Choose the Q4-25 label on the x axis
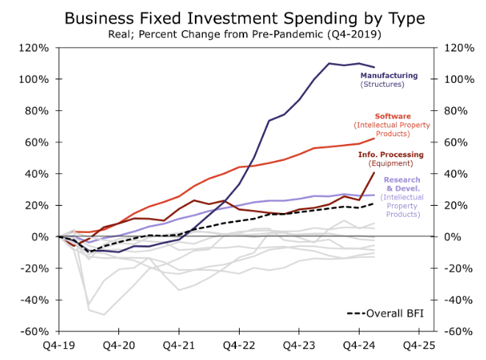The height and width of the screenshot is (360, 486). (x=419, y=344)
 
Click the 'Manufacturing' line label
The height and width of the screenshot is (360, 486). (x=388, y=76)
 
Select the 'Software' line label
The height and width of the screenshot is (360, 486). (x=393, y=116)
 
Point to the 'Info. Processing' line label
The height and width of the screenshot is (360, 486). (x=390, y=154)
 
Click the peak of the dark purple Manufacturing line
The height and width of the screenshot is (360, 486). (x=359, y=63)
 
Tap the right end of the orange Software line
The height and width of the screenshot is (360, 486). (x=374, y=138)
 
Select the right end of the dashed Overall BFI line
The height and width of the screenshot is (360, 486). (x=374, y=204)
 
